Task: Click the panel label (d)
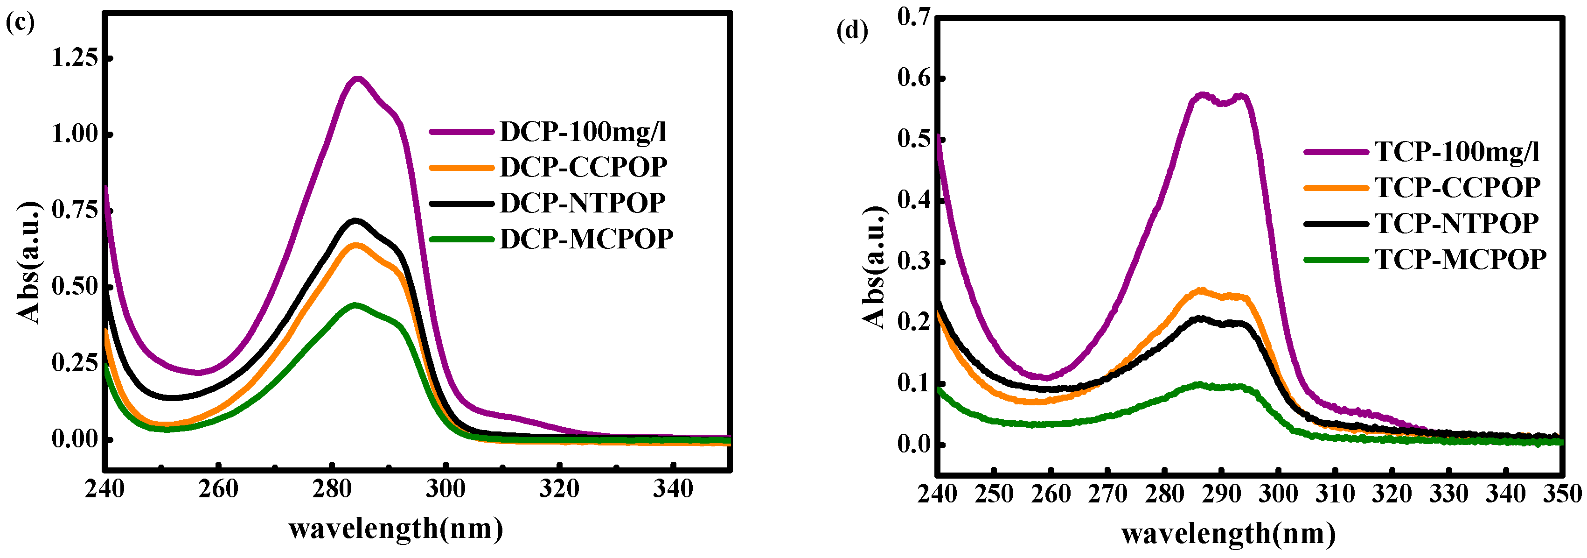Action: tap(851, 29)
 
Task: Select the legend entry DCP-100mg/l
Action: tap(583, 131)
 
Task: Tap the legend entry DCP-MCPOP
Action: tap(586, 239)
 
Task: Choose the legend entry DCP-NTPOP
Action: tap(582, 203)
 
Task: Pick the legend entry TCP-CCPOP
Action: tap(1457, 187)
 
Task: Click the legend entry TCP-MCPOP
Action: tap(1460, 260)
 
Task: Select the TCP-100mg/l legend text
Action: tap(1456, 152)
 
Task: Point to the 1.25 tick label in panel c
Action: tap(75, 58)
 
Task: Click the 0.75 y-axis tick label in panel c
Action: tap(75, 210)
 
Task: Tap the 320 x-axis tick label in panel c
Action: tap(559, 489)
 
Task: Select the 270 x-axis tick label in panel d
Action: tap(1107, 494)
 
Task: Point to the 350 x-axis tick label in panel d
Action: tap(1562, 494)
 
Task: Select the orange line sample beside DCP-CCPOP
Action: tap(461, 167)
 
